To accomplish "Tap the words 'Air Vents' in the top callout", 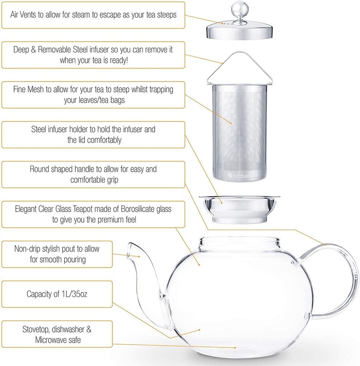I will pos(28,14).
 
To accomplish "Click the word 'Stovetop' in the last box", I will pos(38,329).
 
